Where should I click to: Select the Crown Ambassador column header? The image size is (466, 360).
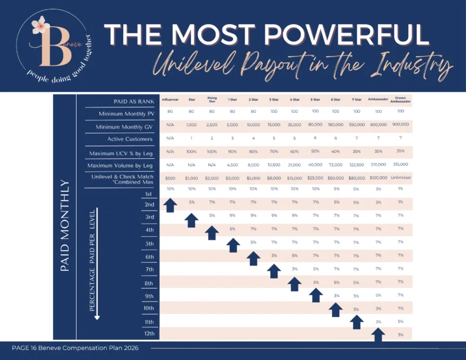point(401,100)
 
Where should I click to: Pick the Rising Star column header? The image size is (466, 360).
point(212,100)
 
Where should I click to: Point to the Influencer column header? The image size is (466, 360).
point(170,100)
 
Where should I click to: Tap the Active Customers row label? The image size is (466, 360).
point(130,139)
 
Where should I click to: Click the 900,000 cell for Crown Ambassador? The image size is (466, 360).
point(401,125)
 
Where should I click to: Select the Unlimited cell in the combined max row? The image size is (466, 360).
point(401,177)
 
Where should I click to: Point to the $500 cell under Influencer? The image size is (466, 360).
point(170,178)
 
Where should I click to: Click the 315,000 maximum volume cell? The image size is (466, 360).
point(401,164)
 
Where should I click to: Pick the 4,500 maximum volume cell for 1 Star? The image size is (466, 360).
point(232,165)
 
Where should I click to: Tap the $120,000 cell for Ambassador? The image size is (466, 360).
point(379,177)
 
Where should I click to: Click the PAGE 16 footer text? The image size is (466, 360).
point(75,348)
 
